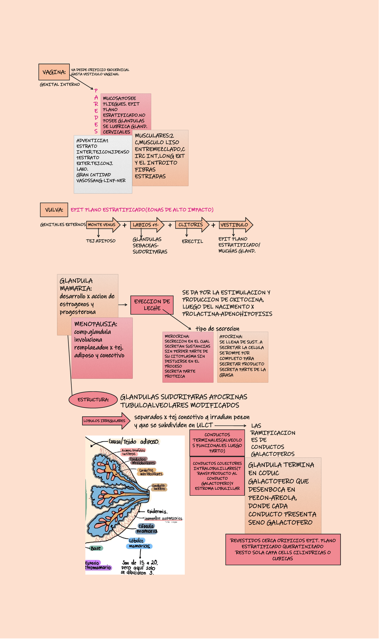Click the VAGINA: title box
[x=54, y=72]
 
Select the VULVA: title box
[x=54, y=210]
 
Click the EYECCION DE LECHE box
[x=152, y=305]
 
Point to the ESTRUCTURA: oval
[x=93, y=400]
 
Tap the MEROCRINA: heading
[x=177, y=337]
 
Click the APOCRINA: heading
[x=231, y=337]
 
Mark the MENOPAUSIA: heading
[x=96, y=324]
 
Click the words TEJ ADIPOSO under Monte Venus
[x=101, y=241]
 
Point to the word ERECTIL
[x=192, y=242]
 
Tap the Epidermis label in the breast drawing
[x=157, y=512]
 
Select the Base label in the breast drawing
[x=96, y=548]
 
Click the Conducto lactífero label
[x=159, y=487]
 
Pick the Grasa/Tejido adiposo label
[x=134, y=442]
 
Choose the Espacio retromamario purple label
[x=98, y=565]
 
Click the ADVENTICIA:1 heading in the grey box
[x=92, y=141]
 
